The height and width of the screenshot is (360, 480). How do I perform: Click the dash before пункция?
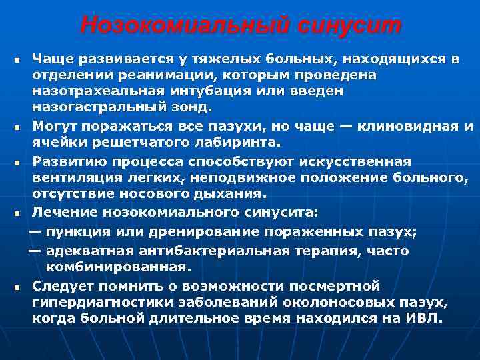click(x=35, y=231)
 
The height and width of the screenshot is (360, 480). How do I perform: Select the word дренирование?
click(x=192, y=231)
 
